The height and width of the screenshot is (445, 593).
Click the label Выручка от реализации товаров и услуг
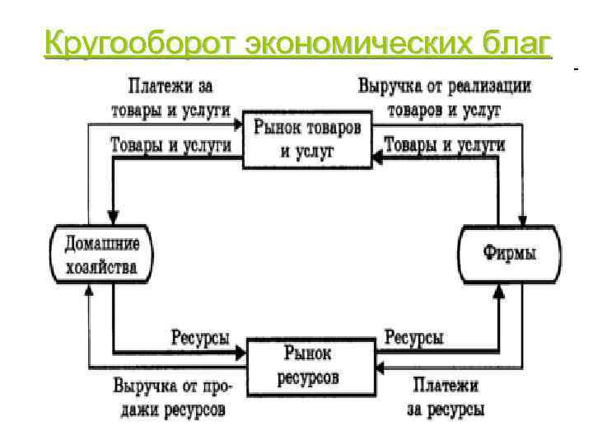click(444, 96)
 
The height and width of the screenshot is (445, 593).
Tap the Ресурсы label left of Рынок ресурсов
click(200, 337)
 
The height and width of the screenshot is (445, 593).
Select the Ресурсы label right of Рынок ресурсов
click(414, 337)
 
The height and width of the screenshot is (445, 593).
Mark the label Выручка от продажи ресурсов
click(173, 397)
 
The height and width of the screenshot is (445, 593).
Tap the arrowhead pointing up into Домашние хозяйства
click(89, 289)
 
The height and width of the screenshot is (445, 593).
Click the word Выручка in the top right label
click(390, 85)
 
